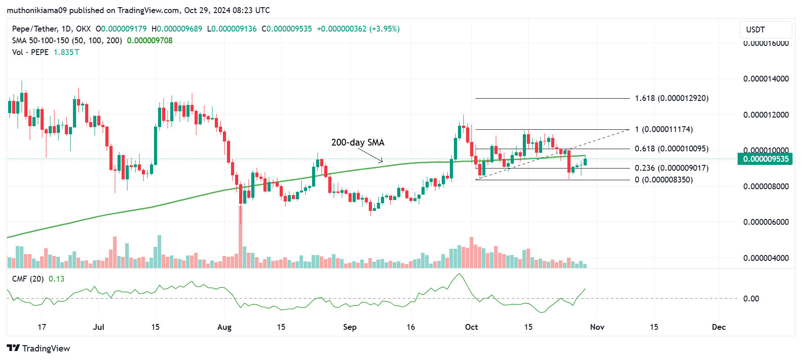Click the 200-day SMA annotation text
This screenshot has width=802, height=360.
click(358, 142)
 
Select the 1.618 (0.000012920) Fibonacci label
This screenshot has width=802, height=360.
click(671, 98)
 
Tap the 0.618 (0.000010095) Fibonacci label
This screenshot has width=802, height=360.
click(671, 149)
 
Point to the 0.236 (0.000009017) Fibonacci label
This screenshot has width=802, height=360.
click(671, 168)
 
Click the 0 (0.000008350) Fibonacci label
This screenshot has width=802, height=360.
click(664, 180)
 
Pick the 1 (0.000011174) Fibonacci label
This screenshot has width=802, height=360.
click(664, 129)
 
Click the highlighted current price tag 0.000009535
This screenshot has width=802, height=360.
click(766, 159)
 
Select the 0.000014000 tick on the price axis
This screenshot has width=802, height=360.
click(766, 79)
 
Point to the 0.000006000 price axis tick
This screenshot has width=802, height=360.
click(766, 222)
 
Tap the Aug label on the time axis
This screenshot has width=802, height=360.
click(224, 327)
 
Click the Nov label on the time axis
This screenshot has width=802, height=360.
click(597, 327)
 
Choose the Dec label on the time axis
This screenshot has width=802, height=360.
click(719, 327)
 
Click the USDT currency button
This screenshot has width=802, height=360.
click(765, 30)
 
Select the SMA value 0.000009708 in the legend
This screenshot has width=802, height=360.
click(150, 41)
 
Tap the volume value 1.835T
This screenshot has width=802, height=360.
click(66, 52)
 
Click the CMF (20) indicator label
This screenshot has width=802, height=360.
click(28, 279)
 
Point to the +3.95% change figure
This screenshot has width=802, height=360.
click(384, 29)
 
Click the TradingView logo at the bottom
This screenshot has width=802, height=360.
click(39, 348)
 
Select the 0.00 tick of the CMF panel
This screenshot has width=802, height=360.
click(751, 299)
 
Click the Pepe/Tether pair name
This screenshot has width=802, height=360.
click(35, 29)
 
